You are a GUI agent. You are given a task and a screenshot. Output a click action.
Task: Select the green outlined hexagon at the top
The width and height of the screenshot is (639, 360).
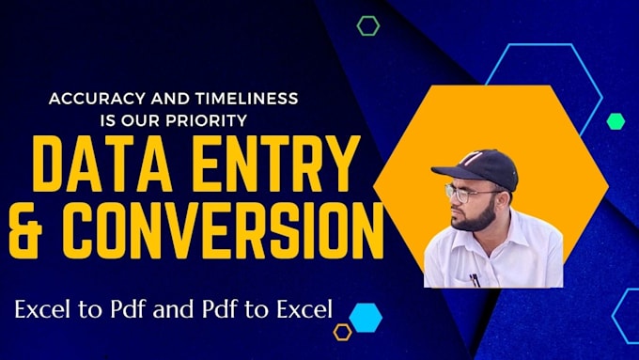tap(367, 25)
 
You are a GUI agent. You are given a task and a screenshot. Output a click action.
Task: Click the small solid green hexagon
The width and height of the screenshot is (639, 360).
tap(616, 120)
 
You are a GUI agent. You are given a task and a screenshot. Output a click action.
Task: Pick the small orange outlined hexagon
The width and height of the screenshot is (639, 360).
tap(342, 331)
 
